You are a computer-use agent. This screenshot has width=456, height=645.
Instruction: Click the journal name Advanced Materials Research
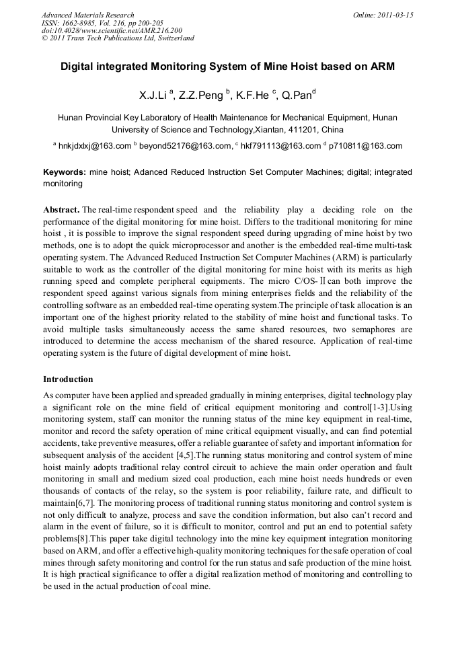coord(87,15)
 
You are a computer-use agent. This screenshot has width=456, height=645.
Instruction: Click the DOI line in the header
coord(112,30)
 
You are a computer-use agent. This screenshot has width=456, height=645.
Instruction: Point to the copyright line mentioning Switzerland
coord(118,38)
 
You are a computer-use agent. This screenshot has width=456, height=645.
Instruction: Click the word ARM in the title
coord(382,67)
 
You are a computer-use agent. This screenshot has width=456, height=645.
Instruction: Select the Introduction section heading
coord(68,379)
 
